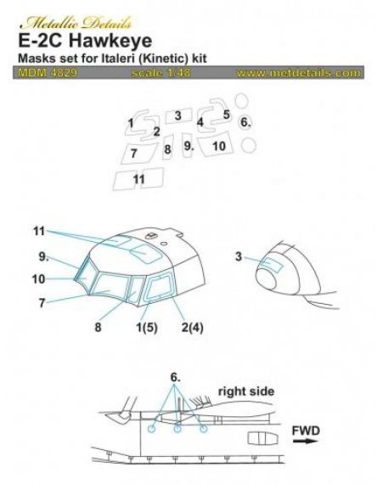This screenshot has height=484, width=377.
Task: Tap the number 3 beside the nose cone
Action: tap(239, 257)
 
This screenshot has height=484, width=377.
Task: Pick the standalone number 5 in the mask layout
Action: tap(227, 115)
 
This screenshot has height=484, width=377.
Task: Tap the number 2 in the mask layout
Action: tap(157, 131)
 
